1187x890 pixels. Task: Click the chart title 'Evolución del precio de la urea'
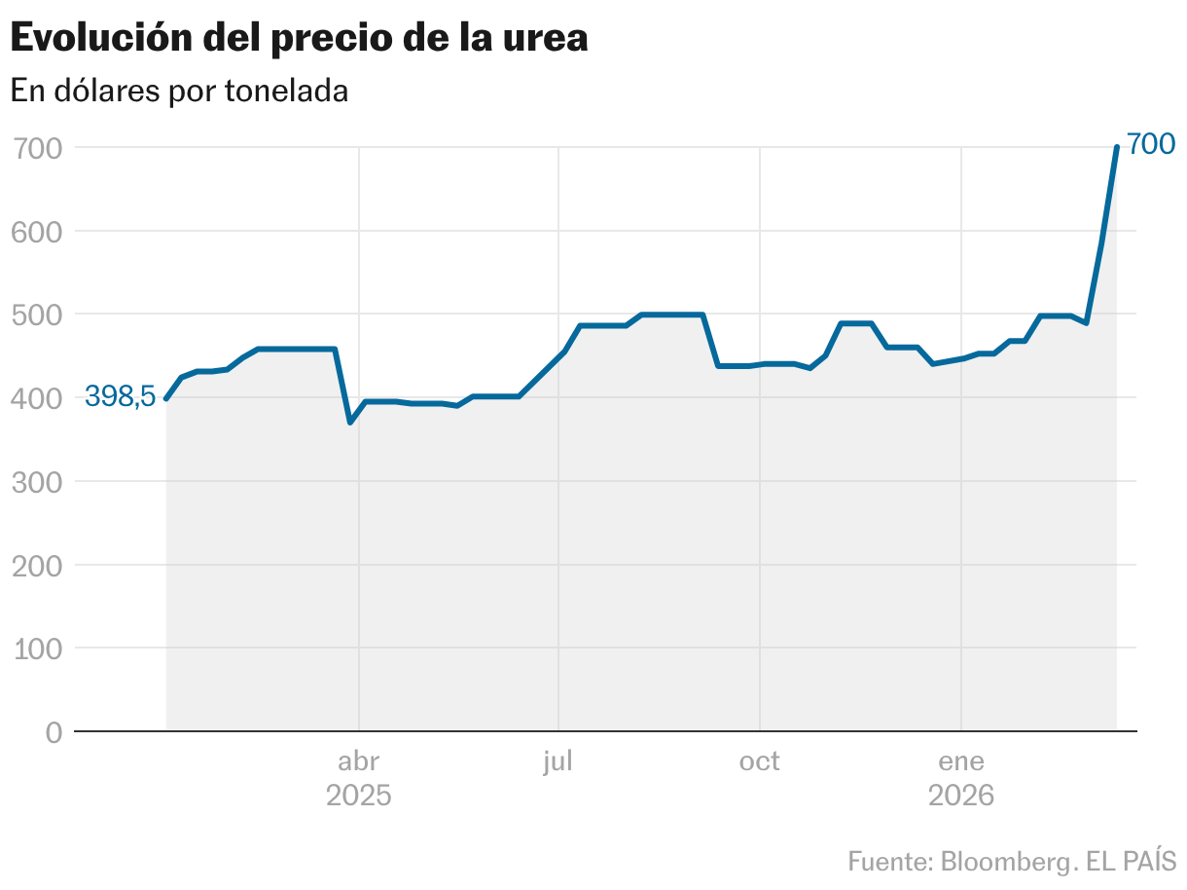[x=299, y=39]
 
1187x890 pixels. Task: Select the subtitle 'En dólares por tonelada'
[x=179, y=92]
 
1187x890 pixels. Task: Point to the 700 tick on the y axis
[x=39, y=149]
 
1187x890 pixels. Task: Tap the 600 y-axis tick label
[x=39, y=232]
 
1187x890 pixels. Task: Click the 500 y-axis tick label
[x=39, y=315]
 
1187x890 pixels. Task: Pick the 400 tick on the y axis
[x=39, y=398]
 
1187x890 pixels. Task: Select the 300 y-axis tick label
[x=39, y=482]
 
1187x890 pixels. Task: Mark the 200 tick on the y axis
[x=39, y=565]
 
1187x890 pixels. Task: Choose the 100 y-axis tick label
[x=39, y=649]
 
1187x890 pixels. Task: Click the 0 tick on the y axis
[x=54, y=732]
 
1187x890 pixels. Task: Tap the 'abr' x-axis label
[x=358, y=761]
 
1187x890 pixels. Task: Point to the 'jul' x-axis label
[x=558, y=760]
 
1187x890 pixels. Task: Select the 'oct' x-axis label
[x=759, y=761]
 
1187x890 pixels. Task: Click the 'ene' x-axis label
[x=961, y=761]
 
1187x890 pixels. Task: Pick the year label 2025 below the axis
[x=358, y=797]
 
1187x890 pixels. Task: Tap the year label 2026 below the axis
[x=961, y=797]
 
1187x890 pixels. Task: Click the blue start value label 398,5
[x=120, y=396]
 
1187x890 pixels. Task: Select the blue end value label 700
[x=1152, y=145]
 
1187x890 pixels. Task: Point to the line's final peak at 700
[x=1116, y=148]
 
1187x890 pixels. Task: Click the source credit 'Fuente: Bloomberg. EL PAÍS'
[x=1012, y=862]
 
